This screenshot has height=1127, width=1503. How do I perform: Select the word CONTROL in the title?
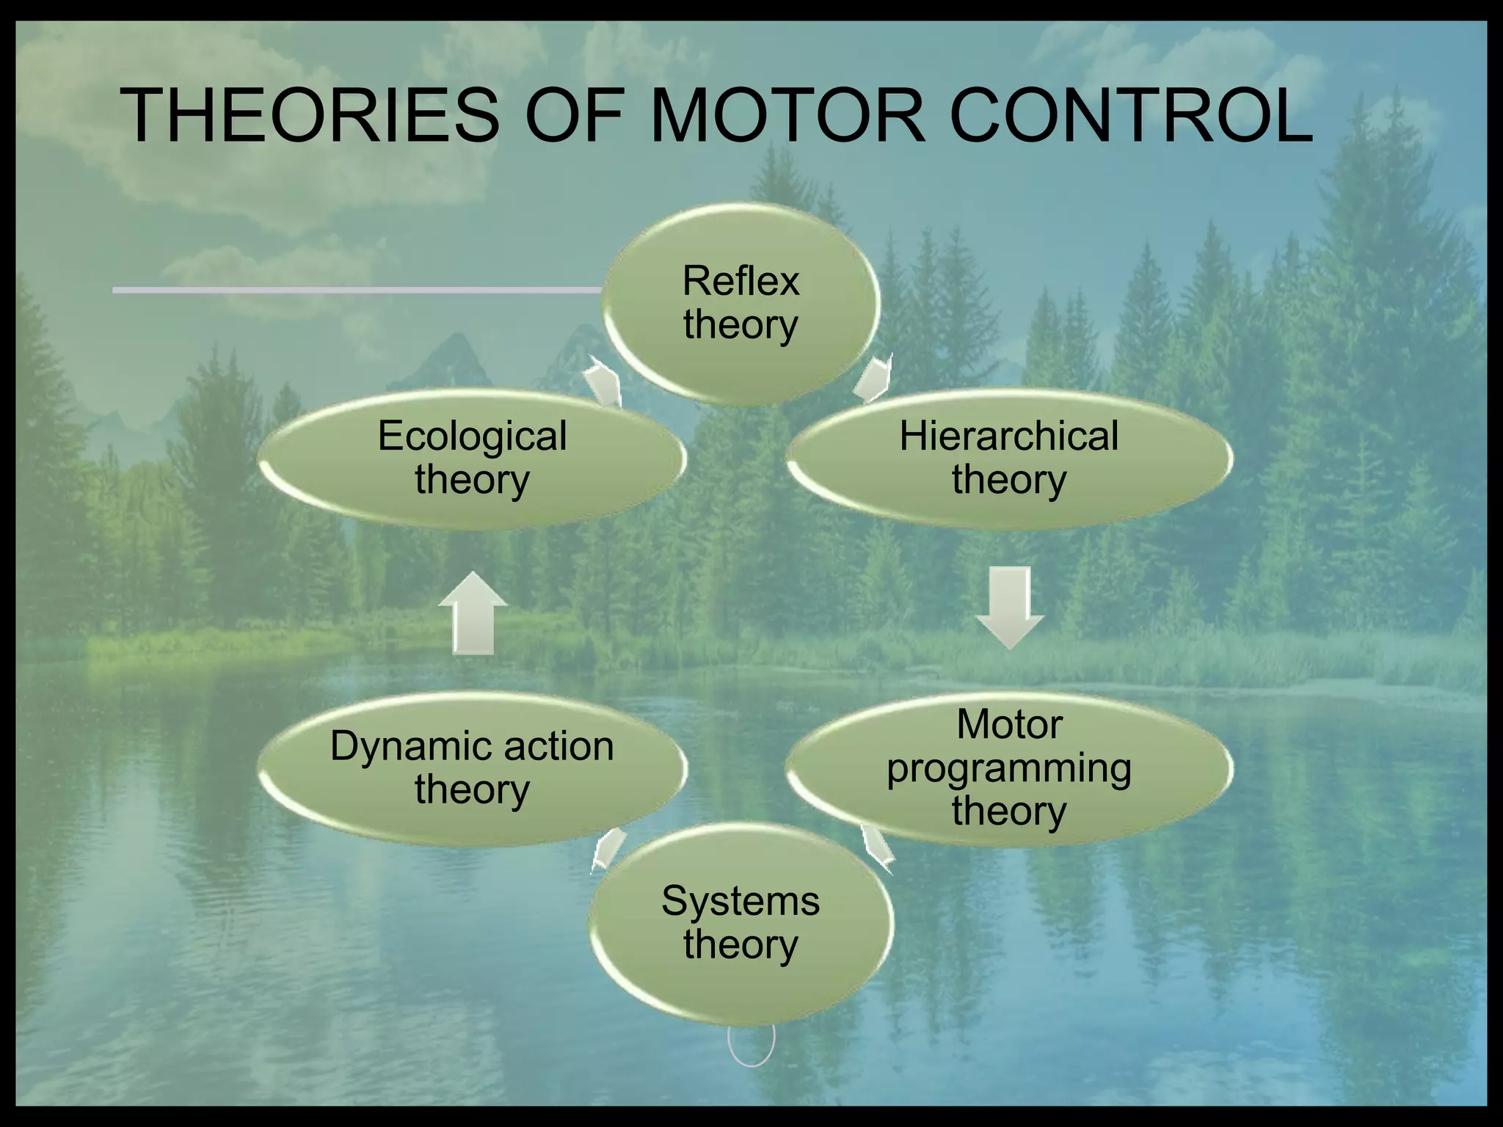(1131, 116)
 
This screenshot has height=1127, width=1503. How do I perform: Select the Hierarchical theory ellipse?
(1009, 458)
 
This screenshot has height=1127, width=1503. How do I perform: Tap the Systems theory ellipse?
(740, 922)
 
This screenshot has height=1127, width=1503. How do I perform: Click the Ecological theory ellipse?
(472, 458)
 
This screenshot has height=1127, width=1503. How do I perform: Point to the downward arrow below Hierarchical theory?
(1009, 606)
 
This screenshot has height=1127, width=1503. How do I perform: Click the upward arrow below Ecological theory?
(473, 613)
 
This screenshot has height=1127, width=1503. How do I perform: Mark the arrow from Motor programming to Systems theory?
(877, 847)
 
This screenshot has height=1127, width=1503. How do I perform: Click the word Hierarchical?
(1009, 436)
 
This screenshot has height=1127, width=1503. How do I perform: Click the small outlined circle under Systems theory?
(751, 1042)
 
